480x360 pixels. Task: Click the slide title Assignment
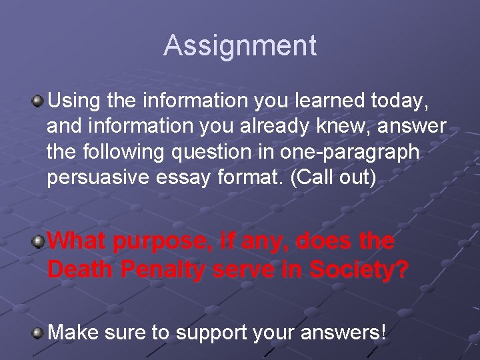coord(240,45)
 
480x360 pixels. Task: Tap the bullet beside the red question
coord(39,239)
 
